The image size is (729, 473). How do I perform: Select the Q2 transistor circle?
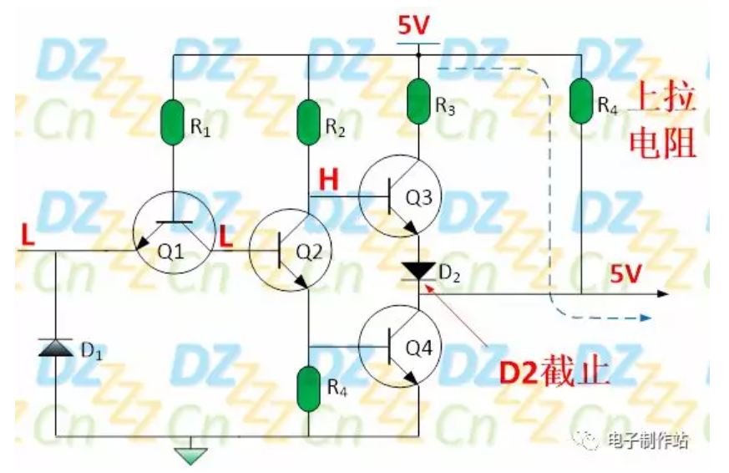click(x=287, y=251)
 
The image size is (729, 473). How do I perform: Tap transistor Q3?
click(x=397, y=197)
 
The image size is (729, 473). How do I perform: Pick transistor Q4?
click(x=397, y=344)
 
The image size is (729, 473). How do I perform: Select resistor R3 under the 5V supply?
click(x=418, y=99)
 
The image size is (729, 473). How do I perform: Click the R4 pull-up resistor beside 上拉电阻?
click(x=580, y=99)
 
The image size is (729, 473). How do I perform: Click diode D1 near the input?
click(x=55, y=346)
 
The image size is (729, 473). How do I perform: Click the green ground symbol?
click(x=190, y=455)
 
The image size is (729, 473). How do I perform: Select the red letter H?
click(x=329, y=178)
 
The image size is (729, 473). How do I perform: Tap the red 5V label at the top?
click(x=414, y=28)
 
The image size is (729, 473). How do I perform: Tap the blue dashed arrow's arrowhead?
click(x=645, y=318)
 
